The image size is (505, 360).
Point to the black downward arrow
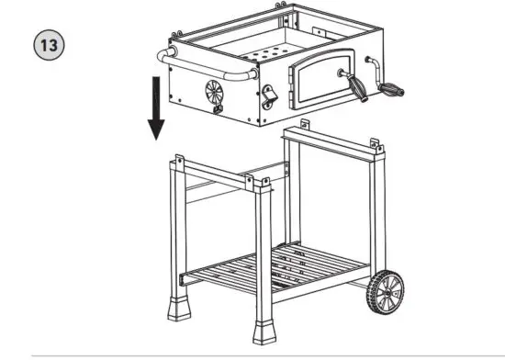click(156, 110)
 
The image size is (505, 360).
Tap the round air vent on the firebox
click(212, 93)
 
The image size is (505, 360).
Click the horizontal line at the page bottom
click(252, 354)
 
